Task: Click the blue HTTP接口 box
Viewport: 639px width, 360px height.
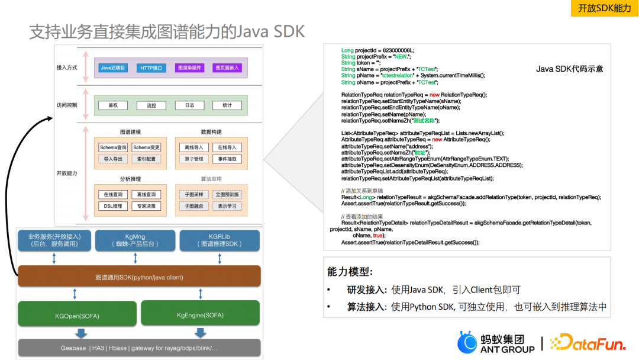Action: [x=151, y=67]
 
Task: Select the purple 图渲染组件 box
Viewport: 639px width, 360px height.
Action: [x=189, y=67]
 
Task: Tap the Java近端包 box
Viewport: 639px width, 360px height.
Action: [x=112, y=67]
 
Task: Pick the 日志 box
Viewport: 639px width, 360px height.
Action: [x=189, y=105]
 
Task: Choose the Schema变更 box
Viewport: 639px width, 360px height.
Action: [x=146, y=147]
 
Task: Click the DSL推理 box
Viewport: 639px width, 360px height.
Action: [x=112, y=206]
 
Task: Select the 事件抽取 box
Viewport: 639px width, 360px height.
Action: [x=227, y=159]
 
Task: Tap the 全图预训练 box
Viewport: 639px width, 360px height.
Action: [x=227, y=194]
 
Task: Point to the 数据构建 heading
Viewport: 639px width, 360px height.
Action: [x=211, y=131]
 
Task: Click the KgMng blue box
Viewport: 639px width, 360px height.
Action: [x=135, y=239]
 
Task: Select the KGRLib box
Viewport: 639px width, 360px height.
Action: [x=220, y=239]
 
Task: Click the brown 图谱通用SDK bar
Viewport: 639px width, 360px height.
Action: [x=139, y=277]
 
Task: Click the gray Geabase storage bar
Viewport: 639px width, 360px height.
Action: [x=139, y=348]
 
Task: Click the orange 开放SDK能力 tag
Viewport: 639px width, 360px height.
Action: [x=604, y=8]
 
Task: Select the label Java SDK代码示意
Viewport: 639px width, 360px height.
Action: [x=569, y=69]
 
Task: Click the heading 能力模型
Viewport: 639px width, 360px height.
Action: [x=350, y=272]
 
